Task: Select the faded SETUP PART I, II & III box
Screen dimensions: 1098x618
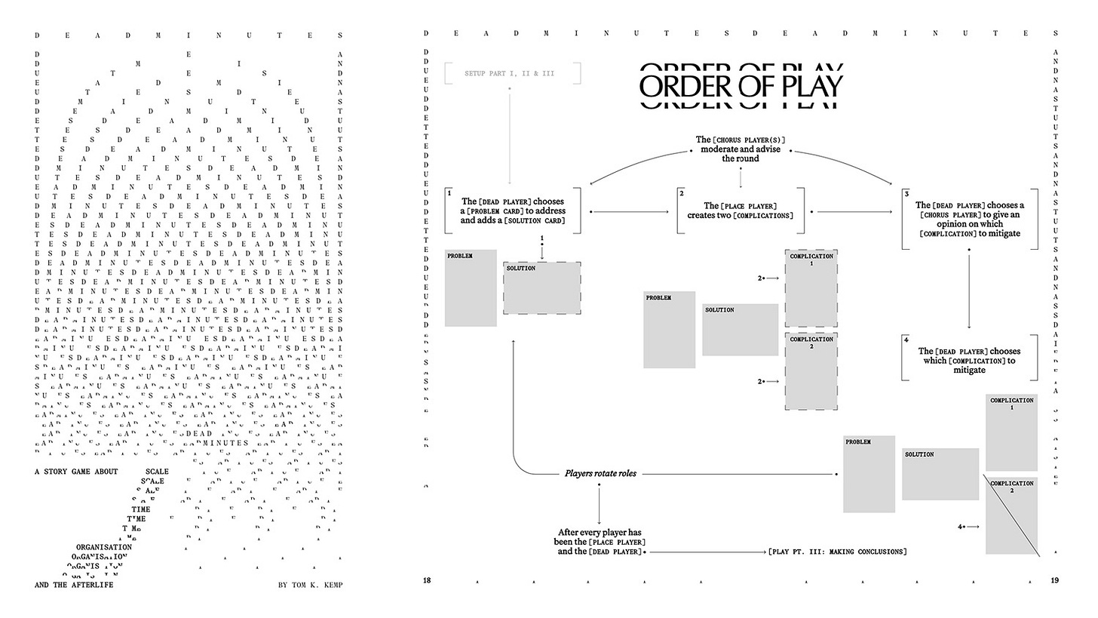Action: (x=510, y=73)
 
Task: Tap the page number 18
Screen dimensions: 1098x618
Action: (x=427, y=580)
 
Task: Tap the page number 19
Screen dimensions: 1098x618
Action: (x=1054, y=580)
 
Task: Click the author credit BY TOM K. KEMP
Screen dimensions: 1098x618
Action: (x=311, y=585)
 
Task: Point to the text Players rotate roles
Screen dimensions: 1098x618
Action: (x=600, y=474)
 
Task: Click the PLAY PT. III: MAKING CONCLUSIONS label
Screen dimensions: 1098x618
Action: (x=837, y=552)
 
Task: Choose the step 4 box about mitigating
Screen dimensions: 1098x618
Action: (x=969, y=361)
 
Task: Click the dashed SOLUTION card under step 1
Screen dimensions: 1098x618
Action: (x=542, y=288)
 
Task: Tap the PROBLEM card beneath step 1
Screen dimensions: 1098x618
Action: (x=471, y=288)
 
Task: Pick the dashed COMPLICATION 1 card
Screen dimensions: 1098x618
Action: (x=811, y=288)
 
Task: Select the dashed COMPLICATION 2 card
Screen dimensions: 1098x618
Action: (x=811, y=371)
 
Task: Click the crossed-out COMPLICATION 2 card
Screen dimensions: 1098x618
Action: (x=1011, y=515)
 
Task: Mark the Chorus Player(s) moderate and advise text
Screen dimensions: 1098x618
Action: (x=741, y=149)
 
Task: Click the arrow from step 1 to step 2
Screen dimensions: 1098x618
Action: (x=630, y=212)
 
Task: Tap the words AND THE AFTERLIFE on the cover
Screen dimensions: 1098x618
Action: (x=74, y=585)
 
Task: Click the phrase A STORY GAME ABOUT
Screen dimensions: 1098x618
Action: (x=76, y=472)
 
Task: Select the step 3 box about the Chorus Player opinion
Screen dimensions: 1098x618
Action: (x=969, y=219)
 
